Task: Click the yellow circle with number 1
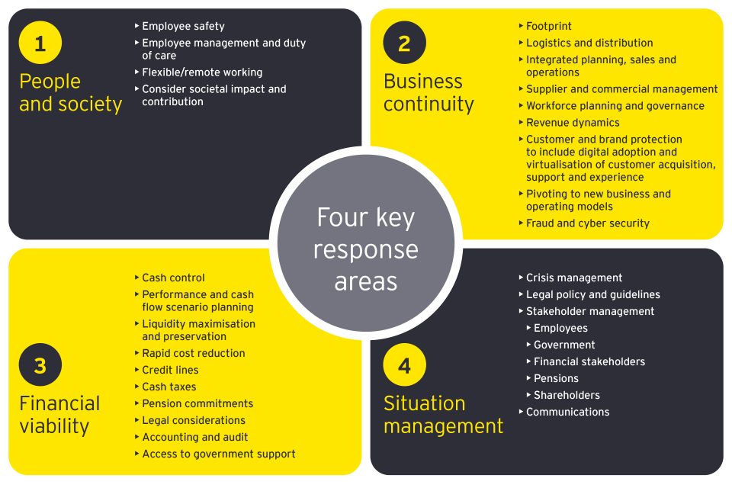click(x=40, y=43)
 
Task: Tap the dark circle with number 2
click(x=404, y=43)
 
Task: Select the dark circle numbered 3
click(x=40, y=365)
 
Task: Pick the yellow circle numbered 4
click(x=404, y=365)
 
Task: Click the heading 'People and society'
click(x=70, y=92)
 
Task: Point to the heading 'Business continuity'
click(x=429, y=92)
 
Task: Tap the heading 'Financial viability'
click(x=59, y=414)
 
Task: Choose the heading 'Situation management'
click(x=443, y=414)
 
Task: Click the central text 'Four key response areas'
click(x=366, y=249)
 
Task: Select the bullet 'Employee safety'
click(x=183, y=27)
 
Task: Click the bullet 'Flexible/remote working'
click(x=202, y=72)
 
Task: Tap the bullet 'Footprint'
click(x=548, y=27)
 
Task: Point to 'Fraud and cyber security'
click(x=587, y=223)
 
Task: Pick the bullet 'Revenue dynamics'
click(x=573, y=123)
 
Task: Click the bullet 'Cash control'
click(x=173, y=278)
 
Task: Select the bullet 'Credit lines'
click(x=170, y=370)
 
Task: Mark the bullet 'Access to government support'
click(x=219, y=454)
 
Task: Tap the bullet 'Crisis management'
click(x=574, y=278)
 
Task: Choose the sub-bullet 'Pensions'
click(x=556, y=379)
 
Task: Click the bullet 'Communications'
click(x=567, y=413)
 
